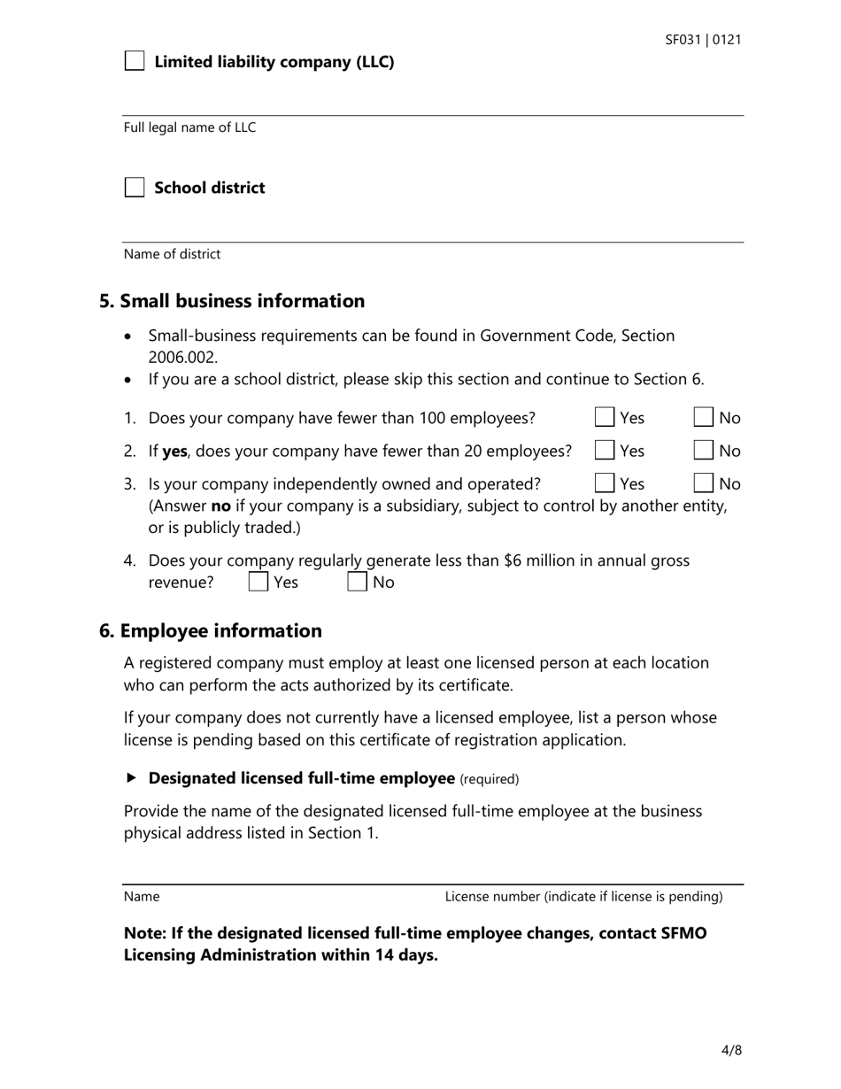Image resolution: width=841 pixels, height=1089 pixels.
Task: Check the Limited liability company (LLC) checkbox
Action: pos(135,61)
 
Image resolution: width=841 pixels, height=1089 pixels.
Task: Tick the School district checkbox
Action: pos(135,188)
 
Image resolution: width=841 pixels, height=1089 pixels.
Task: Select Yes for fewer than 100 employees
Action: pos(605,418)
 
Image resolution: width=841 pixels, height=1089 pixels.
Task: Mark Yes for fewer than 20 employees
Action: pos(605,451)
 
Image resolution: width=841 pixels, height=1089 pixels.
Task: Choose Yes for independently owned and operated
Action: pos(605,483)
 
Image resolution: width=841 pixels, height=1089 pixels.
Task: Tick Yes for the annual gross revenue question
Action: pos(258,582)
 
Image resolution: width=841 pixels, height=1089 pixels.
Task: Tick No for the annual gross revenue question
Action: pos(357,582)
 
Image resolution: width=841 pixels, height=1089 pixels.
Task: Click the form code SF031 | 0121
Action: pos(703,40)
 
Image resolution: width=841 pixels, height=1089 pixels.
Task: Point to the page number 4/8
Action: pos(731,1051)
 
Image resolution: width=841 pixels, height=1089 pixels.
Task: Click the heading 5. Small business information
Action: pos(232,301)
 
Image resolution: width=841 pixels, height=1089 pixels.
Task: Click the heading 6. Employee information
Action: pos(211,631)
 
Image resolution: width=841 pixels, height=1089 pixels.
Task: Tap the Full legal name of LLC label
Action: pos(189,127)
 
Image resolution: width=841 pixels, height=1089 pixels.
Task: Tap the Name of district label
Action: pos(172,254)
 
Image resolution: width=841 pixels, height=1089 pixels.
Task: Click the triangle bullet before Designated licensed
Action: pos(132,778)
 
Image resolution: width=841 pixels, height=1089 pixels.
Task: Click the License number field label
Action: pos(583,896)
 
